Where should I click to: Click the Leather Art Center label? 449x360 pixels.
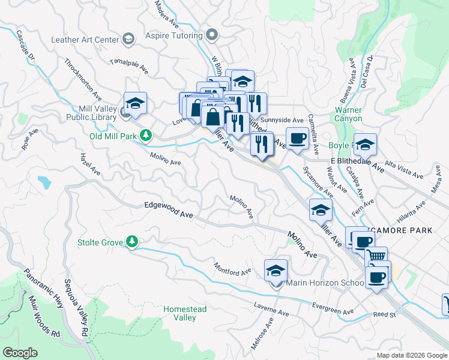tap(85, 40)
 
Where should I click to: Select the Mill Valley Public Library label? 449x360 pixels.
tap(94, 113)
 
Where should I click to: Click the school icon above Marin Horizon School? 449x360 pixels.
tap(276, 271)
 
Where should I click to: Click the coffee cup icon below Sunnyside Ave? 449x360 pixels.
tap(297, 139)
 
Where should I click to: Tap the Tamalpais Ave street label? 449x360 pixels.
tap(129, 65)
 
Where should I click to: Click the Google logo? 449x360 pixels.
tap(19, 353)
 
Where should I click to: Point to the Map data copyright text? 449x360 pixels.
tap(412, 355)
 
